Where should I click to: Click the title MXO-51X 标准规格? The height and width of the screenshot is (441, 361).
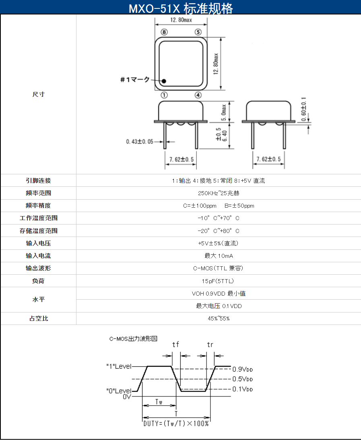point(181,8)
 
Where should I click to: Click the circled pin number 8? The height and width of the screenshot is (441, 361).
point(164,32)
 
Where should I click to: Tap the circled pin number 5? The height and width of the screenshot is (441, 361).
point(198,32)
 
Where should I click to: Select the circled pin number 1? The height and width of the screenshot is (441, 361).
point(164,95)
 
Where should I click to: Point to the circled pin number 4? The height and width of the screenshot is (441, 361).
point(198,95)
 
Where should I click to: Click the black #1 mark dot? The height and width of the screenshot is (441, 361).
point(164,81)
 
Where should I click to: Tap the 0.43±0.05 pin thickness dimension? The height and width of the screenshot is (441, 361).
point(140,141)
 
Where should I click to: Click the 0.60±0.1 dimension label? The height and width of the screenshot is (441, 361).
point(303,109)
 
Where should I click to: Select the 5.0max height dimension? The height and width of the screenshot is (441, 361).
point(224,112)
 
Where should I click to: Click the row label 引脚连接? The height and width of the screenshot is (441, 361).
point(38,181)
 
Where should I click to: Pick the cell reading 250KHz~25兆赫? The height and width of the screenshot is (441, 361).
point(219,193)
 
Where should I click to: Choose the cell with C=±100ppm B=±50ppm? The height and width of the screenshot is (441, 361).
point(219,206)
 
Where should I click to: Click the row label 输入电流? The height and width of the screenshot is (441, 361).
point(38,256)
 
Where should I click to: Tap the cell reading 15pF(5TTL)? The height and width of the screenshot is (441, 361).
point(218,281)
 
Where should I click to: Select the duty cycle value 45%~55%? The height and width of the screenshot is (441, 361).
point(219,318)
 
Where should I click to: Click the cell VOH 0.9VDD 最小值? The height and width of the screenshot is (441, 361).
point(219,293)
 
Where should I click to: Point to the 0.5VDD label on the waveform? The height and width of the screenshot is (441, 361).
point(243,379)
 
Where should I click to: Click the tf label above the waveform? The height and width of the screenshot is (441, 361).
point(175,344)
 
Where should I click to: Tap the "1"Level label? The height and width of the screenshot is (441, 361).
point(119,366)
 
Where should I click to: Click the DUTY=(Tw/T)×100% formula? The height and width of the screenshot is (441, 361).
point(176,423)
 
